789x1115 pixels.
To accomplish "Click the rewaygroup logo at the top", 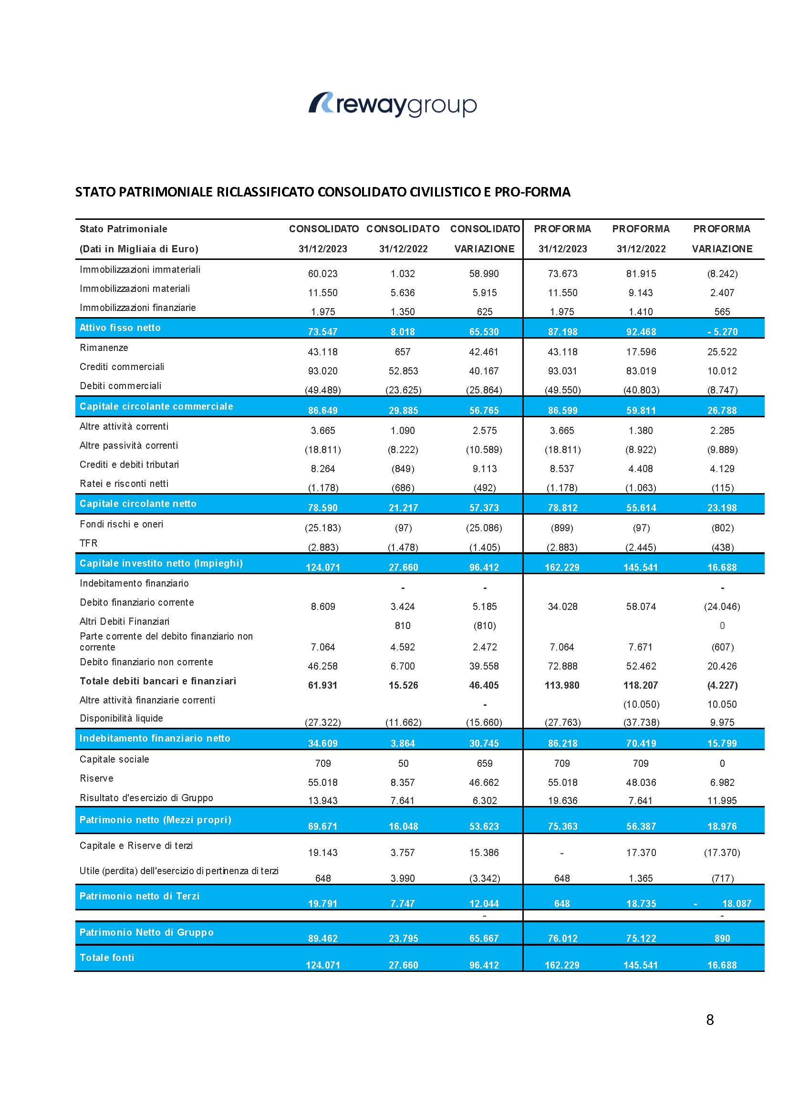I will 393,104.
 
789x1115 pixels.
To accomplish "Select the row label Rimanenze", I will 104,348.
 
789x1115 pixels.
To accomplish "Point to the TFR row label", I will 88,543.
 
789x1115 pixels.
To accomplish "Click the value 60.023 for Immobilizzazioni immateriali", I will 322,274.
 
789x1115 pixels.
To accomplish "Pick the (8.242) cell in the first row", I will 722,274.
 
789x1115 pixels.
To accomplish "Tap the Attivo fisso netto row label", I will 120,328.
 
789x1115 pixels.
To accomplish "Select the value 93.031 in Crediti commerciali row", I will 562,371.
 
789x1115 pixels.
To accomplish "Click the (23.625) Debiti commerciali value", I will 403,390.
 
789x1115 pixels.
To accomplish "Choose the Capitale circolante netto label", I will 138,504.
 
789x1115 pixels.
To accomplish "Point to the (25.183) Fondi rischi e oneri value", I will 322,528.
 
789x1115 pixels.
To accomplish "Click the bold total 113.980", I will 562,685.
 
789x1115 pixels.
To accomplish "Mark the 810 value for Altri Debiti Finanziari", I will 403,626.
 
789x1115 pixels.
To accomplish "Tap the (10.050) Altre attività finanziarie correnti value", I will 641,704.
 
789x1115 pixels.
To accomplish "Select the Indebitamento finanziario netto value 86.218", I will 562,743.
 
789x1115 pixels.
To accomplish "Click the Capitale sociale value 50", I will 403,764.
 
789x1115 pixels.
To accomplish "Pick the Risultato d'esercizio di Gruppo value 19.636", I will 562,800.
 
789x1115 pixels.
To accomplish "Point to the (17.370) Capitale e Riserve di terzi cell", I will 722,852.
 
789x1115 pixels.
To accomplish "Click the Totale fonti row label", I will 107,958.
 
